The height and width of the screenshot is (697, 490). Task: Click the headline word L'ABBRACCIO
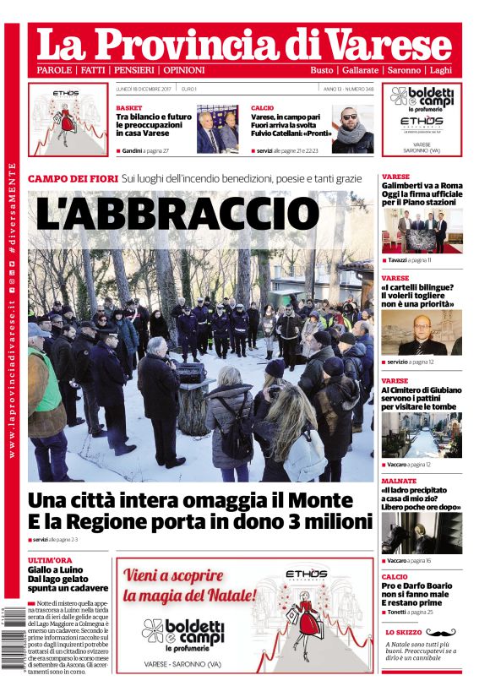tap(177, 215)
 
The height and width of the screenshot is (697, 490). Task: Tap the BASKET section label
tap(129, 108)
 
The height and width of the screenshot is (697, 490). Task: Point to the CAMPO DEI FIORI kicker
tap(72, 179)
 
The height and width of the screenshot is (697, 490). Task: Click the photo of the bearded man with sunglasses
tap(351, 128)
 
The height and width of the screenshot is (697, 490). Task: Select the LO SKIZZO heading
tap(403, 632)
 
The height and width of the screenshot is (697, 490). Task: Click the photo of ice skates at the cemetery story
tap(421, 436)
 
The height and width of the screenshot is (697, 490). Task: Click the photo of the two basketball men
tap(217, 128)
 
